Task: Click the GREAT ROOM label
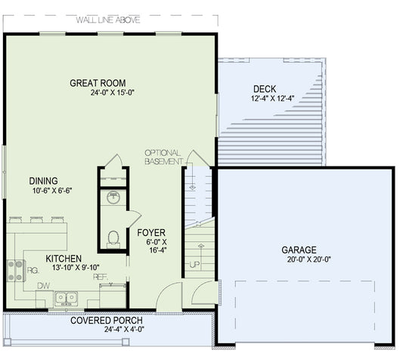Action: click(x=97, y=83)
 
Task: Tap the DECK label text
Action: click(x=264, y=88)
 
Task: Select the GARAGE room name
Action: click(x=299, y=250)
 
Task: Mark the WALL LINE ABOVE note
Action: click(x=110, y=20)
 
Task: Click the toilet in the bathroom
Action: click(x=113, y=238)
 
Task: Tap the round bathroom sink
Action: click(x=113, y=198)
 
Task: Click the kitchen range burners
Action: click(x=15, y=270)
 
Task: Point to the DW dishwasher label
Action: click(x=44, y=287)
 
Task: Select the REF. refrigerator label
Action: click(x=100, y=277)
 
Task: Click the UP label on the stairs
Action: click(x=194, y=265)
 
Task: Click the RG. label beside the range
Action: click(x=33, y=269)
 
